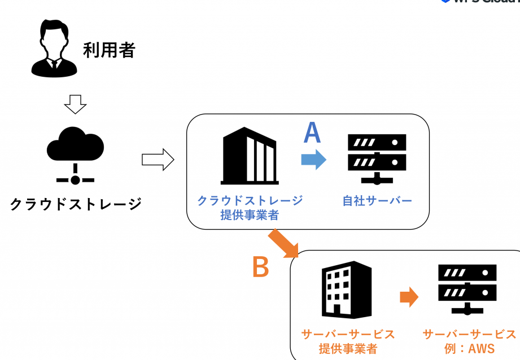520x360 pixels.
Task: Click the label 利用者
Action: [x=109, y=50]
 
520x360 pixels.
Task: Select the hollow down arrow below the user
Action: [x=75, y=103]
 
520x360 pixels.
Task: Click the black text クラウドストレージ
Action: [x=76, y=203]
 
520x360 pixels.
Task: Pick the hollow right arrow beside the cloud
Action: [x=158, y=160]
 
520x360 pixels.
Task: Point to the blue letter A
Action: [x=312, y=133]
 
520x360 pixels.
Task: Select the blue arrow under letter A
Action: [x=313, y=159]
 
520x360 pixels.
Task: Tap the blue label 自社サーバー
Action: [x=377, y=201]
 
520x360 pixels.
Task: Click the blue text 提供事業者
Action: [x=250, y=214]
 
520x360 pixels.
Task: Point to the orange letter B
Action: [x=260, y=267]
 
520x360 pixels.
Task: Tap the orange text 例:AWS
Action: [x=469, y=349]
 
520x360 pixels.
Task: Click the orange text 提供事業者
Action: [x=348, y=349]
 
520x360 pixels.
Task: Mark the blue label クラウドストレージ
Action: [x=250, y=200]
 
